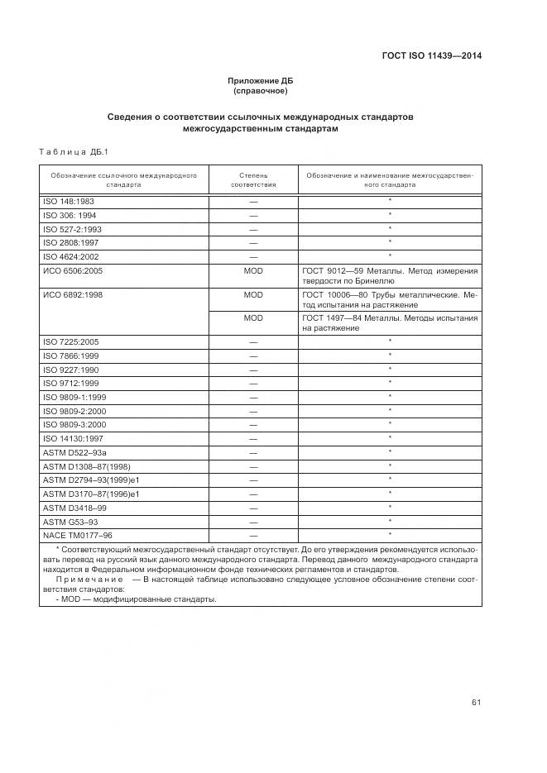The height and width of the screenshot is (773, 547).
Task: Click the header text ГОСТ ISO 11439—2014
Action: (431, 56)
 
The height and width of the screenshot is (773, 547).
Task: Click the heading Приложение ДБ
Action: (260, 80)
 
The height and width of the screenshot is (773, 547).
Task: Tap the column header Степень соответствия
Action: (252, 180)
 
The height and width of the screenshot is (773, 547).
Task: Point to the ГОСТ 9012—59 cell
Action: (389, 275)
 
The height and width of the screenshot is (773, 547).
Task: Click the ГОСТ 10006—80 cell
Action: (389, 299)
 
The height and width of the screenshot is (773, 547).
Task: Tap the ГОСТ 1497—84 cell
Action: (389, 323)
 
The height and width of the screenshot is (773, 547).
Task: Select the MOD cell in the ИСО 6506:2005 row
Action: (252, 270)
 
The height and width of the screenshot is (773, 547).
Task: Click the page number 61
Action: (476, 703)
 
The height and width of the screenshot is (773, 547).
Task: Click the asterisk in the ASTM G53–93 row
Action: (389, 521)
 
